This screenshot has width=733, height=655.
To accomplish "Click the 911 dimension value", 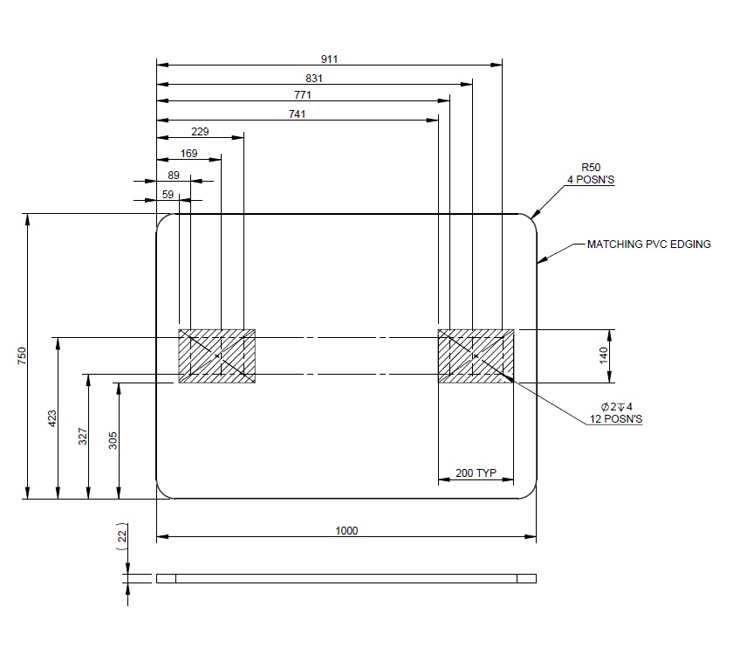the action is (329, 59).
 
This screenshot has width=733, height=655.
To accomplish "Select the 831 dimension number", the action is (314, 78).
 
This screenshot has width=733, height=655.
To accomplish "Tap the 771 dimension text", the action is (303, 95).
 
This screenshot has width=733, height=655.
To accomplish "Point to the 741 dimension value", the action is (298, 114).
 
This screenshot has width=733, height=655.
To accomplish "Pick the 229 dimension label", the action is (200, 132).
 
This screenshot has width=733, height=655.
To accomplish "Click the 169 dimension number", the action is (188, 154).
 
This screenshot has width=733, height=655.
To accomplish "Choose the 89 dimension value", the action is (174, 176).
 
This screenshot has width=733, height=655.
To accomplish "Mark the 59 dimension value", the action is (168, 195).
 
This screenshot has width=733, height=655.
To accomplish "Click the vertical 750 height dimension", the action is (22, 356).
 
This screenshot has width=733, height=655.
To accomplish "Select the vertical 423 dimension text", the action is (51, 418).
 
